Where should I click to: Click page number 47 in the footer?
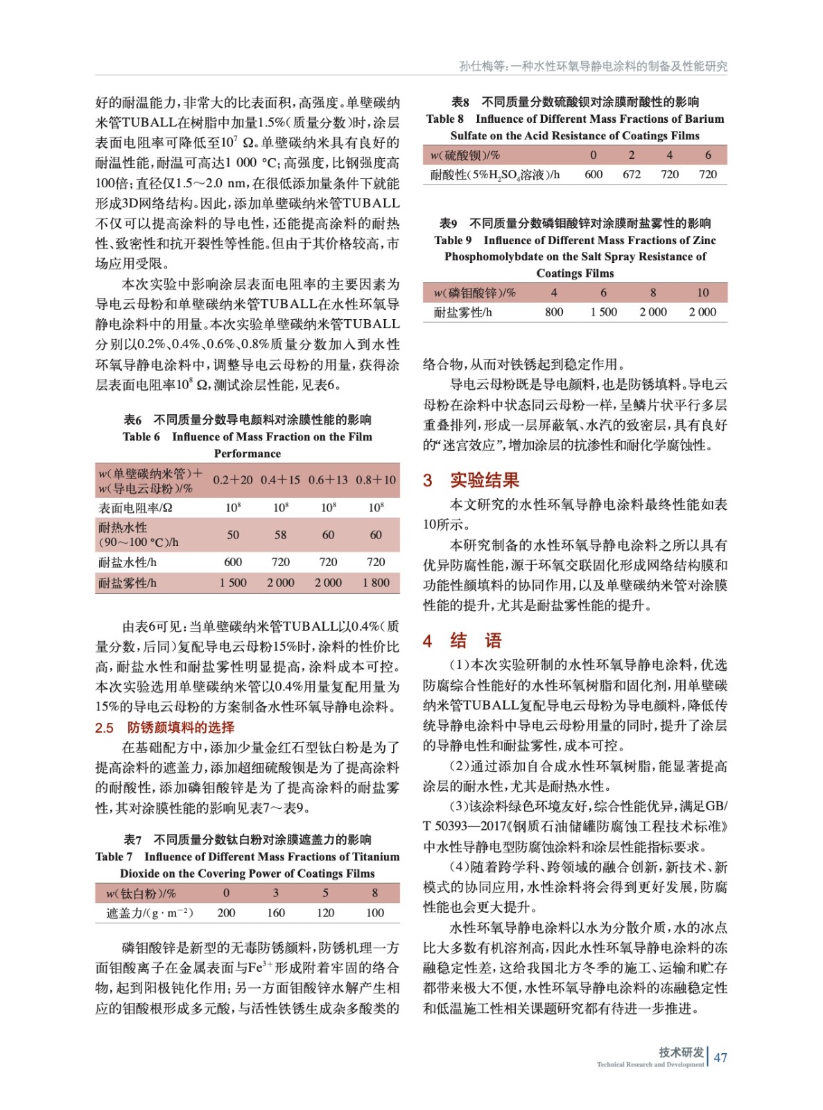pyautogui.click(x=720, y=1057)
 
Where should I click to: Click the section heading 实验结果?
pyautogui.click(x=484, y=480)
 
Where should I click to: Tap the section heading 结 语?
pyautogui.click(x=476, y=640)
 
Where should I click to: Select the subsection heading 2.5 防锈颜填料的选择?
pyautogui.click(x=165, y=727)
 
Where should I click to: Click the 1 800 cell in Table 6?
pyautogui.click(x=376, y=583)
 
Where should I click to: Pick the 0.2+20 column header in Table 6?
pyautogui.click(x=233, y=480)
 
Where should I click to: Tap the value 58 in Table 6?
pyautogui.click(x=280, y=535)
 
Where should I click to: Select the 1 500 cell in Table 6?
pyautogui.click(x=233, y=583)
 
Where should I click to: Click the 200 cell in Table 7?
pyautogui.click(x=226, y=913)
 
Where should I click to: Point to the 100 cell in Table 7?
pyautogui.click(x=375, y=913)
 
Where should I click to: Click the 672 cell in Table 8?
pyautogui.click(x=632, y=174)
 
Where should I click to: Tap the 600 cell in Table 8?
pyautogui.click(x=594, y=174)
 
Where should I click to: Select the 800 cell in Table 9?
pyautogui.click(x=554, y=312)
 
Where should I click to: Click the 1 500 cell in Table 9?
pyautogui.click(x=603, y=312)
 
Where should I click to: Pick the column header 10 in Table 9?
pyautogui.click(x=702, y=293)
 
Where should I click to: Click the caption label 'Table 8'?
pyautogui.click(x=445, y=119)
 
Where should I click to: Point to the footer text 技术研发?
pyautogui.click(x=681, y=1052)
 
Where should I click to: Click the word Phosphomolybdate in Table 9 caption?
pyautogui.click(x=494, y=257)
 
